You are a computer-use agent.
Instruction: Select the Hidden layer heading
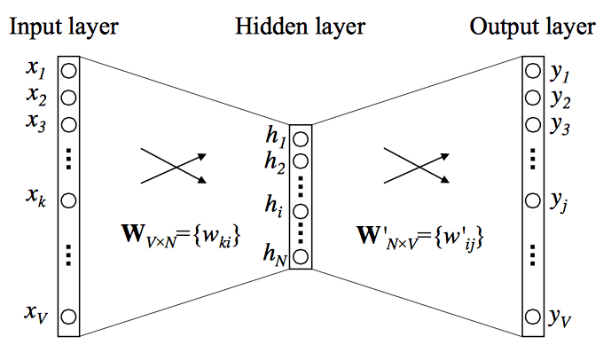coord(300,27)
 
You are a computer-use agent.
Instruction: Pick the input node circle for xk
coord(69,200)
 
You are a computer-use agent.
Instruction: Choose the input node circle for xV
coord(69,315)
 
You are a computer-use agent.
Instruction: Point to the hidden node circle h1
coord(301,139)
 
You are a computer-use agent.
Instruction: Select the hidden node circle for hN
coord(301,258)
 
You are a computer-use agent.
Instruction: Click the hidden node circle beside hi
coord(301,211)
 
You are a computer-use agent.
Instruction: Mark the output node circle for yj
coord(531,200)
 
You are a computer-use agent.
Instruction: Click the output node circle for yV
coord(531,316)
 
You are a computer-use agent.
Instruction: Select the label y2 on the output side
coord(560,97)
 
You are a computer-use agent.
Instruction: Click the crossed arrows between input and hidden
coord(175,166)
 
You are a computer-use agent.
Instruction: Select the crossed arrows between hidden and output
coord(415,166)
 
